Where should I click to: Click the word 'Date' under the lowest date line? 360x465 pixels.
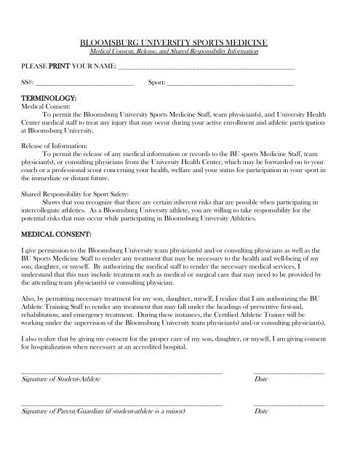[x=262, y=411]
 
